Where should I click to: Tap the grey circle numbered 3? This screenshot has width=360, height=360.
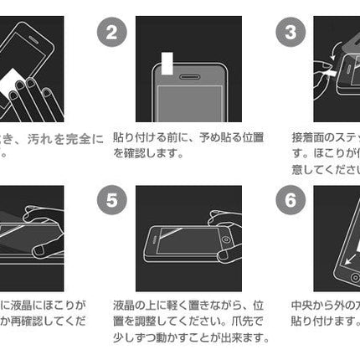[291, 34]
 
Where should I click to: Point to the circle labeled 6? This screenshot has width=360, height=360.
[291, 202]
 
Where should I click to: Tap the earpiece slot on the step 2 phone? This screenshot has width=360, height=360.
[188, 75]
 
